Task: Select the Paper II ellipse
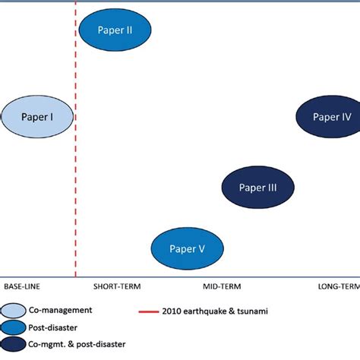[115, 30]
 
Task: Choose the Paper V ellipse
[187, 248]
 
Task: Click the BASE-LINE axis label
[22, 286]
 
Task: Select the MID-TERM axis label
[222, 286]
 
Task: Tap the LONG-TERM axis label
[337, 286]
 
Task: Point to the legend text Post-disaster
[55, 327]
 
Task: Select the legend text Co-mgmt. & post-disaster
[78, 345]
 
